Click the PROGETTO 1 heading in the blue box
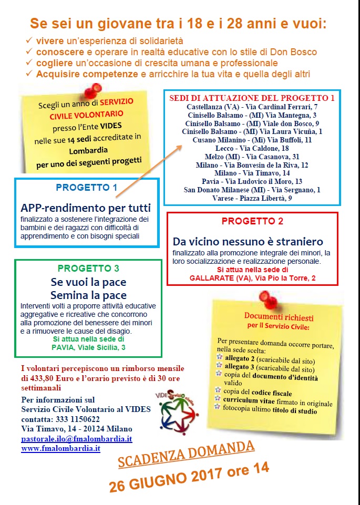(x=86, y=188)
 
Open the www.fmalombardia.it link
(x=60, y=449)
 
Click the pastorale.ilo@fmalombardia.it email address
(x=77, y=439)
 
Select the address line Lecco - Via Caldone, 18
(x=252, y=148)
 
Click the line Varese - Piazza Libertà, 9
(x=252, y=198)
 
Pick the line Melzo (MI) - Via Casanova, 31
(x=252, y=157)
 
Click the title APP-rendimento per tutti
(x=86, y=207)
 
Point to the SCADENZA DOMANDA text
(x=186, y=454)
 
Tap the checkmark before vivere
(x=29, y=41)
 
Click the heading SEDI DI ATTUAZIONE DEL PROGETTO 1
(x=252, y=98)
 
